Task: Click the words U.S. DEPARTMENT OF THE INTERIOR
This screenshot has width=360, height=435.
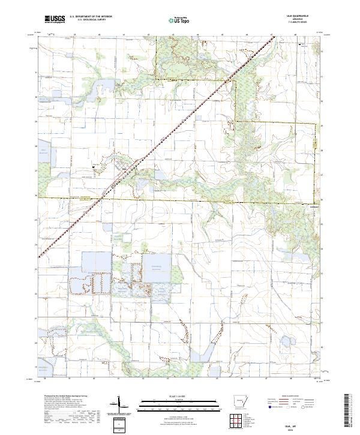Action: [90, 17]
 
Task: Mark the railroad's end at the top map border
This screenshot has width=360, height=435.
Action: [276, 36]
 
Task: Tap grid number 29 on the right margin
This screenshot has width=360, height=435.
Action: [322, 125]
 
